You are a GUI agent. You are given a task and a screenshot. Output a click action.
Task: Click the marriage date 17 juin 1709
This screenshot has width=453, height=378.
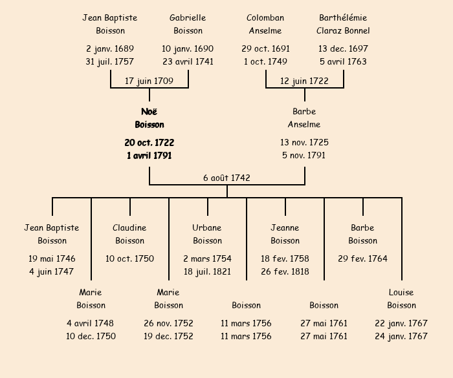coord(149,81)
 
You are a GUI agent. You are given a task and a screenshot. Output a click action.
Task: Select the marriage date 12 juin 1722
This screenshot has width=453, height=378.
coord(304,81)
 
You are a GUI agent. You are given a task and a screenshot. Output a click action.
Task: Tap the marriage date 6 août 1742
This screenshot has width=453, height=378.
coord(226,178)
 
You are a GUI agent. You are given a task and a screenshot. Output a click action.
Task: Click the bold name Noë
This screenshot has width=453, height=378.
coord(149,112)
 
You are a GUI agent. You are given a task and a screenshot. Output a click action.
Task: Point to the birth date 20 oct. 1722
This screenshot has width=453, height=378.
coord(149,143)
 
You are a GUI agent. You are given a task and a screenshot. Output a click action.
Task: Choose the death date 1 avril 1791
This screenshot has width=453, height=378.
coord(149,156)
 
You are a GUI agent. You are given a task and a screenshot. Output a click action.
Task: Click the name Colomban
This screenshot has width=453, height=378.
coord(265,18)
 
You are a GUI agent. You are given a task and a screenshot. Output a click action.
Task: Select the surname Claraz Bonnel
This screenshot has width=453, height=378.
coord(343,31)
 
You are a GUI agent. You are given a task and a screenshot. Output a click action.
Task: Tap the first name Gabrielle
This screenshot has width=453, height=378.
coord(188,18)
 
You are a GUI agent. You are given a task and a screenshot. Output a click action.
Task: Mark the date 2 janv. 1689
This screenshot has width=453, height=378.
coord(110,49)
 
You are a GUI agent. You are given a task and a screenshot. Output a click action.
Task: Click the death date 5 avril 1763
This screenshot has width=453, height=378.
coord(343,62)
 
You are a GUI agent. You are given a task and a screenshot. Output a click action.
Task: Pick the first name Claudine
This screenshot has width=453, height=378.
coord(129,228)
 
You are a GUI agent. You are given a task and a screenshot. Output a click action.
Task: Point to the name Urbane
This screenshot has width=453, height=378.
coord(207,228)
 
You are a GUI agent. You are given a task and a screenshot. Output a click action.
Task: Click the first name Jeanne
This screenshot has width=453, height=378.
coord(285,228)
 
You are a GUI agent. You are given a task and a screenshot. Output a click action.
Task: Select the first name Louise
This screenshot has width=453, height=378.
coord(401,293)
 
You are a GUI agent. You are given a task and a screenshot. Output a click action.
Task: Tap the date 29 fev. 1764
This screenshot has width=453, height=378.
coord(362,259)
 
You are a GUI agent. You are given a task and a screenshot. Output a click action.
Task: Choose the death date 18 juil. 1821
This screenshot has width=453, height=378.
coord(207,272)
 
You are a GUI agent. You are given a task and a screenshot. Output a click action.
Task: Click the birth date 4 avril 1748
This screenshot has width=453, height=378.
coord(91,324)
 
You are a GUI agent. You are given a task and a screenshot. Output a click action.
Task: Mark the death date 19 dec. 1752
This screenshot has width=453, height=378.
coord(168,337)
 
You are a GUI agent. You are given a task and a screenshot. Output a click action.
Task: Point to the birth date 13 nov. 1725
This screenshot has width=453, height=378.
coord(304,143)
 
